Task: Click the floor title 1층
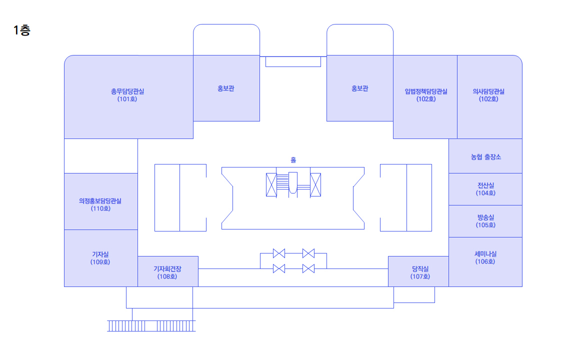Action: [x=22, y=30]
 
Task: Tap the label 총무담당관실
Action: [x=127, y=91]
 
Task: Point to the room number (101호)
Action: [x=127, y=99]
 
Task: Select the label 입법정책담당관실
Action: [x=426, y=91]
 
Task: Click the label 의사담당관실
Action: [x=488, y=91]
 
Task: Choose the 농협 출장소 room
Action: [x=485, y=156]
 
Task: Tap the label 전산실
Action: [x=486, y=185]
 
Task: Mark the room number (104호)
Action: [x=486, y=193]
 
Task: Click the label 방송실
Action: [x=486, y=217]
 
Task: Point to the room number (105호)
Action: [x=486, y=225]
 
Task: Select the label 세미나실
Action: [x=486, y=254]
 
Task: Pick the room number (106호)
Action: [x=486, y=261]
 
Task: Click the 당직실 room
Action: [x=420, y=269]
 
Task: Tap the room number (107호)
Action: [x=420, y=276]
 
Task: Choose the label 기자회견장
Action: [x=167, y=269]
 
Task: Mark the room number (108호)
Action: [x=167, y=276]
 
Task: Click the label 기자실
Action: [x=100, y=254]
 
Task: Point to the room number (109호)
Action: [x=100, y=262]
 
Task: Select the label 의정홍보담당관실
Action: [x=100, y=201]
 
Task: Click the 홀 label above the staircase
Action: [x=293, y=160]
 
